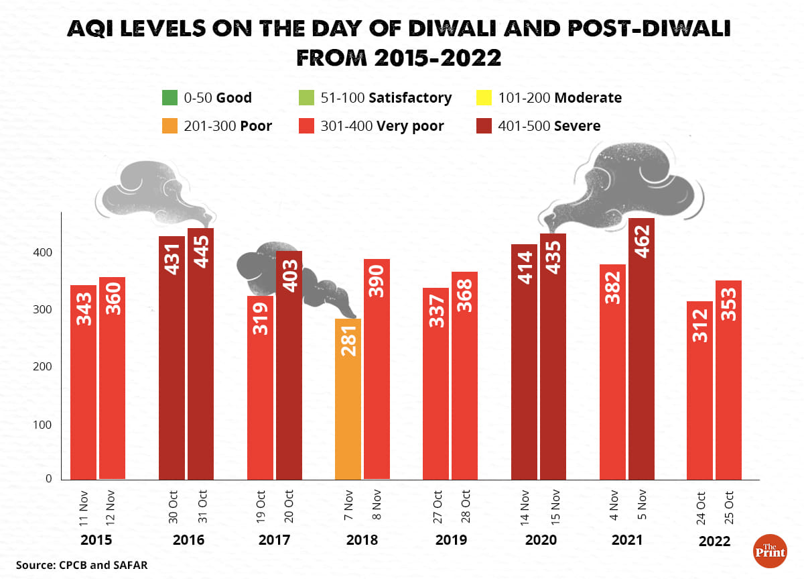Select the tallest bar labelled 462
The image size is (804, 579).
(641, 349)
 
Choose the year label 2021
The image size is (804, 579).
(626, 540)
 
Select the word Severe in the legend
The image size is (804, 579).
(577, 126)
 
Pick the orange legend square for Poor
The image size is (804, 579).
(169, 126)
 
